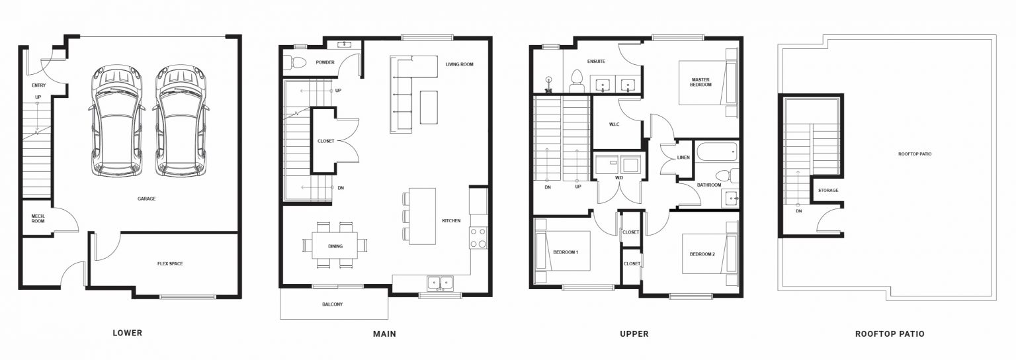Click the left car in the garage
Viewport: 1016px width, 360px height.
pyautogui.click(x=116, y=121)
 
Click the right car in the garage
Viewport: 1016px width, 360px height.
pyautogui.click(x=181, y=121)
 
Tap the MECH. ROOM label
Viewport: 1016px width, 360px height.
pyautogui.click(x=38, y=218)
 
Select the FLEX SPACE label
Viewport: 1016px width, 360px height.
pyautogui.click(x=170, y=264)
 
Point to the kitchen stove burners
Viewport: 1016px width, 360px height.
pyautogui.click(x=478, y=238)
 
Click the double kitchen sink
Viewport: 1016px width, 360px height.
pyautogui.click(x=440, y=283)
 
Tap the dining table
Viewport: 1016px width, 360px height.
pyautogui.click(x=335, y=246)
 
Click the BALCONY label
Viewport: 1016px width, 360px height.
pyautogui.click(x=333, y=304)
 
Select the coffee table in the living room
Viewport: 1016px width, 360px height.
pyautogui.click(x=429, y=107)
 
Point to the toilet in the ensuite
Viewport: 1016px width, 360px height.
pyautogui.click(x=577, y=81)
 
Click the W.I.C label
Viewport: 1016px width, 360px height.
pyautogui.click(x=614, y=124)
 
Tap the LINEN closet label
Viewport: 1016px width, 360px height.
pyautogui.click(x=683, y=158)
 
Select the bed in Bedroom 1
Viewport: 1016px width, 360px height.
pyautogui.click(x=562, y=251)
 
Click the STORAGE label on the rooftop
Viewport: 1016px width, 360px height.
pyautogui.click(x=828, y=191)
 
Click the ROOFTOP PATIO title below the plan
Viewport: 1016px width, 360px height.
pyautogui.click(x=890, y=334)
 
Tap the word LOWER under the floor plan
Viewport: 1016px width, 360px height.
pyautogui.click(x=128, y=334)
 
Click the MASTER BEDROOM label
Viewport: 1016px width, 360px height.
pyautogui.click(x=700, y=82)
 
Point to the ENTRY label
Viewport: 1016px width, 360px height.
pyautogui.click(x=38, y=85)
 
